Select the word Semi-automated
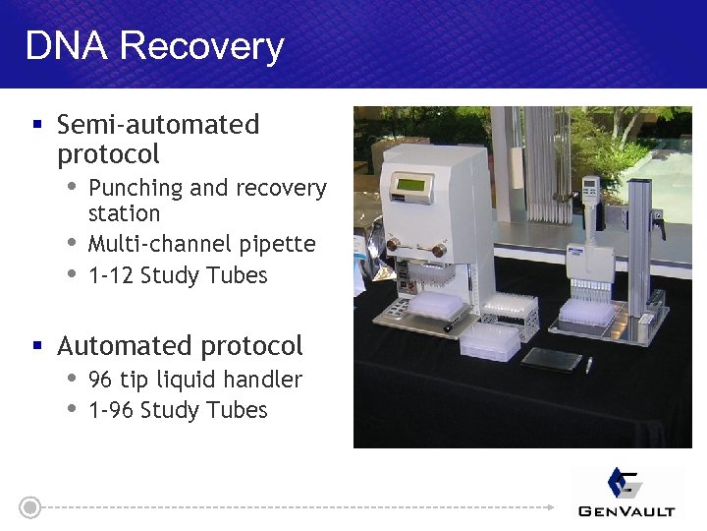tap(158, 125)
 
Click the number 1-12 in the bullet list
tap(111, 275)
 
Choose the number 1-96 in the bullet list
tap(111, 410)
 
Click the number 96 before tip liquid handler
tap(100, 380)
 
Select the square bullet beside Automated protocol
tap(37, 346)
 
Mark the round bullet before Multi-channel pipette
tap(72, 243)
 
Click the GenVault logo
tap(627, 493)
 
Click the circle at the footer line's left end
tap(30, 507)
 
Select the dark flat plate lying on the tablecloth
tap(552, 358)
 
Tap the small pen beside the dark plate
tap(588, 366)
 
